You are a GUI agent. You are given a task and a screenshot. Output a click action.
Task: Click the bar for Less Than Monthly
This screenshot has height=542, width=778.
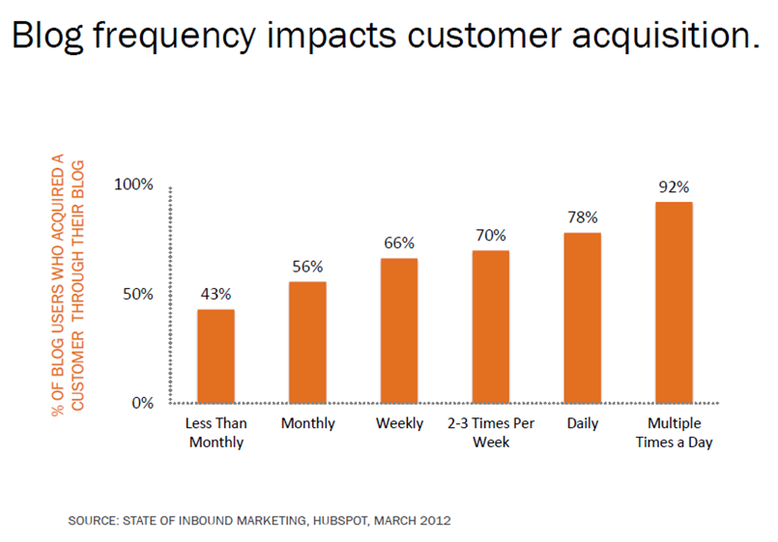pos(216,356)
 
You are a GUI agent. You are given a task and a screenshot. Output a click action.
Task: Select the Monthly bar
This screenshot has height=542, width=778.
pos(307,342)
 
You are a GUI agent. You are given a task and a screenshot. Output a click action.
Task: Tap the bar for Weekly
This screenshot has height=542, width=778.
pos(399,330)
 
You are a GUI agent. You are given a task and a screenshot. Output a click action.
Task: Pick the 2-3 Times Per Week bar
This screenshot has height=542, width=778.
pos(491,327)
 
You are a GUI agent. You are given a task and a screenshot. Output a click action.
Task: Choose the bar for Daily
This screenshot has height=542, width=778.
pos(583,318)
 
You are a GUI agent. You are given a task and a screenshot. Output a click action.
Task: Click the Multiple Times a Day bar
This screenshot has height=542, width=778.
pos(674,302)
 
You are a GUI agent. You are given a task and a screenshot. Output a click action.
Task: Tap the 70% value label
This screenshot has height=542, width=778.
pos(491,234)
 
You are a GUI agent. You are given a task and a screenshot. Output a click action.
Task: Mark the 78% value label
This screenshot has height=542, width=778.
pos(583,215)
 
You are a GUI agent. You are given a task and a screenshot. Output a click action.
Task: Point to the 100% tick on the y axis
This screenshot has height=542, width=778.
pos(133,185)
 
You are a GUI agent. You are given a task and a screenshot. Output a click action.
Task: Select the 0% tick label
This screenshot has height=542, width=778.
pos(143,403)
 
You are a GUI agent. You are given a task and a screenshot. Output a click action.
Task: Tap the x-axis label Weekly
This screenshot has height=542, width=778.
pos(399,424)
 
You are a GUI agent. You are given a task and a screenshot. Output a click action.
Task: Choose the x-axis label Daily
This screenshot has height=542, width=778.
pos(583,424)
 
